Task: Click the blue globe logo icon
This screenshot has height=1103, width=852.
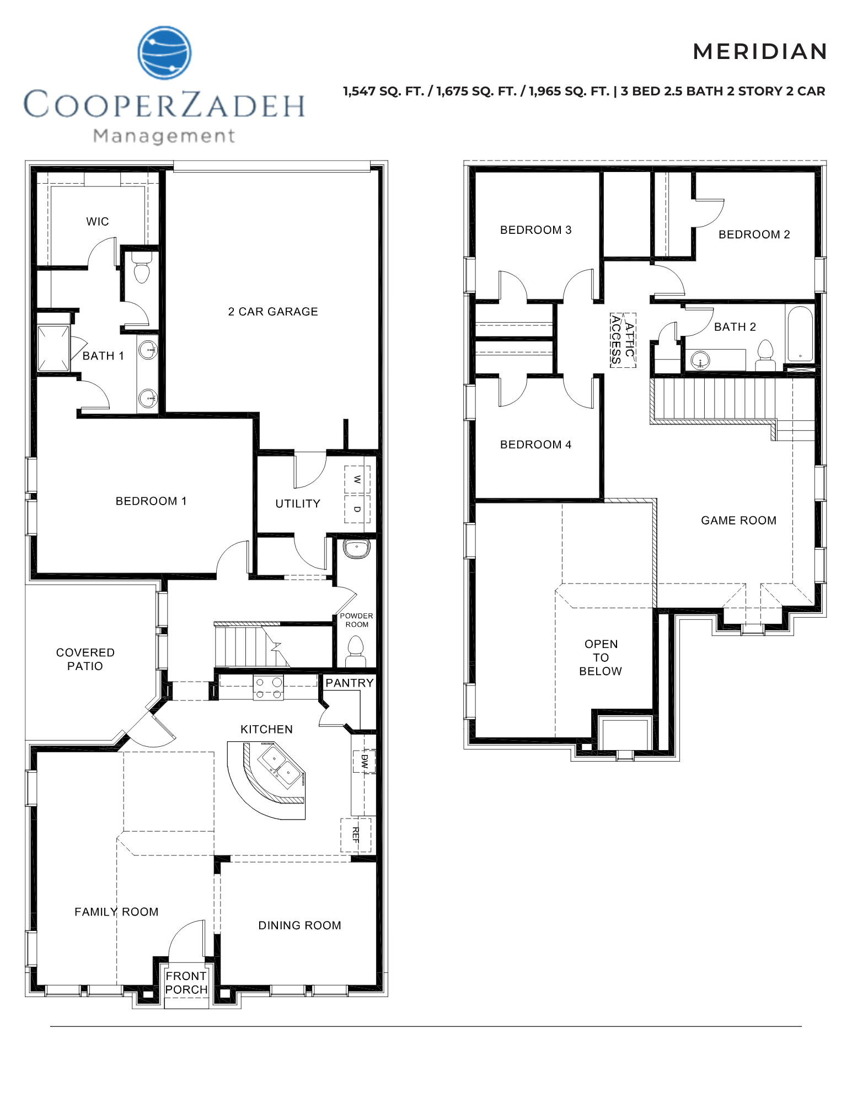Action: tap(164, 52)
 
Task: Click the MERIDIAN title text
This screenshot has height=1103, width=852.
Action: tap(760, 52)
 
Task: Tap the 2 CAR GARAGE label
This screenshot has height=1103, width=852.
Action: tap(273, 312)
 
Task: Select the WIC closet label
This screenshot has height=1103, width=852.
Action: tap(98, 222)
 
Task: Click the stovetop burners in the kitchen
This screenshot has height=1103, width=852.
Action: tap(268, 688)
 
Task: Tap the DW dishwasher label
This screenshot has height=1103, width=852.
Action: tap(364, 761)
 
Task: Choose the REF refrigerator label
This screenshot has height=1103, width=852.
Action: tap(356, 835)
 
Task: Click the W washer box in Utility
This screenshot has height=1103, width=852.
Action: tap(357, 479)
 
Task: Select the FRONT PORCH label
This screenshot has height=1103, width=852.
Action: tap(186, 983)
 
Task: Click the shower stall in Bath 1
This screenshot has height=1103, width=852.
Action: tap(53, 349)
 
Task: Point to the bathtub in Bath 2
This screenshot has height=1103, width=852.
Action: tap(800, 334)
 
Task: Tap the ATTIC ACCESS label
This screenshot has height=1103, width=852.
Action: tap(623, 340)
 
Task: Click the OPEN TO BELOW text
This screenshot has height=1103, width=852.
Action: tap(601, 657)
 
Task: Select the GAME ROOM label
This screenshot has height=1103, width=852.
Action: tap(738, 521)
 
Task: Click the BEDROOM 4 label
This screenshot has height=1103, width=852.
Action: tap(535, 445)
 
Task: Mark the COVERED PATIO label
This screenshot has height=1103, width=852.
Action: tap(85, 659)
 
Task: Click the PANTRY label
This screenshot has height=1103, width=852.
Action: tap(349, 683)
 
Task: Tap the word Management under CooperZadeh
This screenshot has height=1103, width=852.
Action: tap(164, 136)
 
